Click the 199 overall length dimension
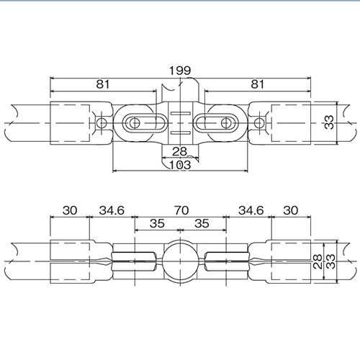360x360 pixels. pyautogui.click(x=180, y=71)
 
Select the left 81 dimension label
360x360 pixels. pyautogui.click(x=103, y=84)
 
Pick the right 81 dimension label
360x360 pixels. pyautogui.click(x=257, y=84)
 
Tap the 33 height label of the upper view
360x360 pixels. pyautogui.click(x=329, y=122)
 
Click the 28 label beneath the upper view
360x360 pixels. pyautogui.click(x=179, y=151)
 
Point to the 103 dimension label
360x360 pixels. pyautogui.click(x=180, y=165)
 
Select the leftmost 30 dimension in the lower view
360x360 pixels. pyautogui.click(x=70, y=210)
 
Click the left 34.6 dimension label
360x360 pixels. pyautogui.click(x=112, y=210)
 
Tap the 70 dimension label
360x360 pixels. pyautogui.click(x=181, y=210)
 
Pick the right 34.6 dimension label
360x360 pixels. pyautogui.click(x=251, y=210)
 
